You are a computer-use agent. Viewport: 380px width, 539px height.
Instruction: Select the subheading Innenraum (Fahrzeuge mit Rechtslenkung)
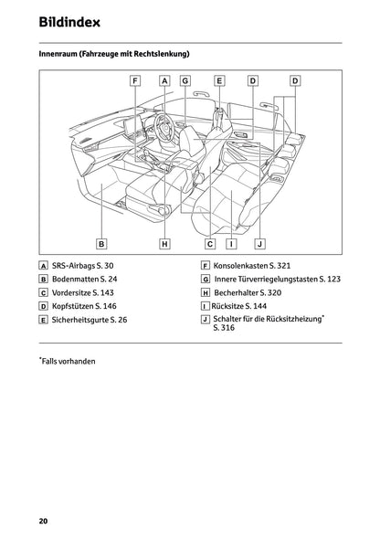pyautogui.click(x=113, y=55)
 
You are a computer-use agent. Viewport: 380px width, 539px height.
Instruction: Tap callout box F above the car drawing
pyautogui.click(x=135, y=80)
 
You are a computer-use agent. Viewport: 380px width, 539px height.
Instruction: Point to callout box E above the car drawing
pyautogui.click(x=220, y=80)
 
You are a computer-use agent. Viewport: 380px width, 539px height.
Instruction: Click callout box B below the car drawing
pyautogui.click(x=101, y=244)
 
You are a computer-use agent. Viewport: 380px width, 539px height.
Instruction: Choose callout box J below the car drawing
pyautogui.click(x=260, y=244)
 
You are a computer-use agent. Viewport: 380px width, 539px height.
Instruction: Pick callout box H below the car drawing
pyautogui.click(x=164, y=244)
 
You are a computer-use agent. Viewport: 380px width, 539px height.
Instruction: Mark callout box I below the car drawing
pyautogui.click(x=232, y=244)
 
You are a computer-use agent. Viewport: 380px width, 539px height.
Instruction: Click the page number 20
pyautogui.click(x=43, y=521)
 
